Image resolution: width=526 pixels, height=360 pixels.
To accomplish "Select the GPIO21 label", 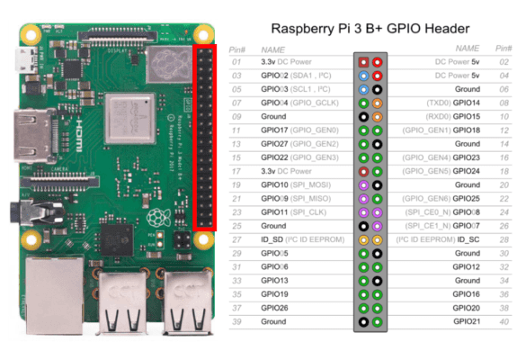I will [x=467, y=321].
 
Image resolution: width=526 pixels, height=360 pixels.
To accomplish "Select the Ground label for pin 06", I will [x=467, y=90].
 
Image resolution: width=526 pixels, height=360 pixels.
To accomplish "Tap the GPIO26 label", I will [x=274, y=308].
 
